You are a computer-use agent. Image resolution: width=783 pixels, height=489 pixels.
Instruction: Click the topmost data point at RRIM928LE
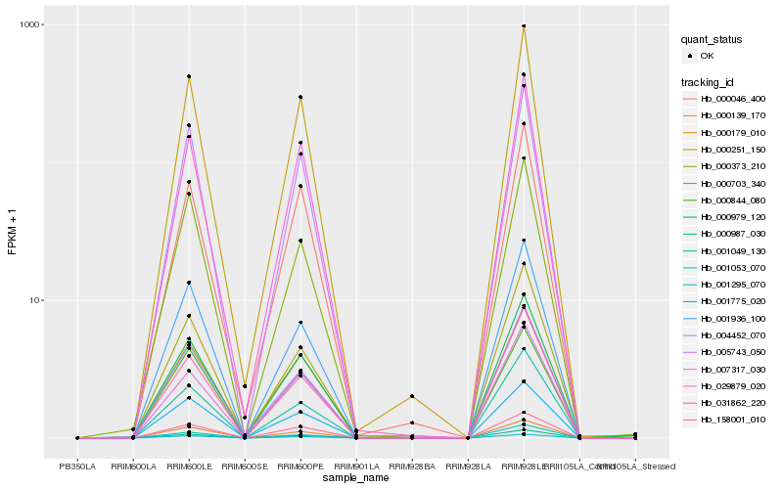[524, 26]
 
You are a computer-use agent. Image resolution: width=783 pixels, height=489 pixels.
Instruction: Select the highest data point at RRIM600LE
[189, 76]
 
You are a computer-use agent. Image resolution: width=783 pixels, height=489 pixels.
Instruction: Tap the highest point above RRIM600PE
[300, 97]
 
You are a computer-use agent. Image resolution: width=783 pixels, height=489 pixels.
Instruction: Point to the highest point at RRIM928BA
[412, 396]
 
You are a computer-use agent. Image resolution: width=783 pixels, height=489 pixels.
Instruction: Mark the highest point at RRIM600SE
[245, 387]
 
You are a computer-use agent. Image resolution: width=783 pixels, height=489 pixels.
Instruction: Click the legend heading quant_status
[714, 40]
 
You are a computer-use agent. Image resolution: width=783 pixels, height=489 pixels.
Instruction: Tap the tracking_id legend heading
[709, 81]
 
